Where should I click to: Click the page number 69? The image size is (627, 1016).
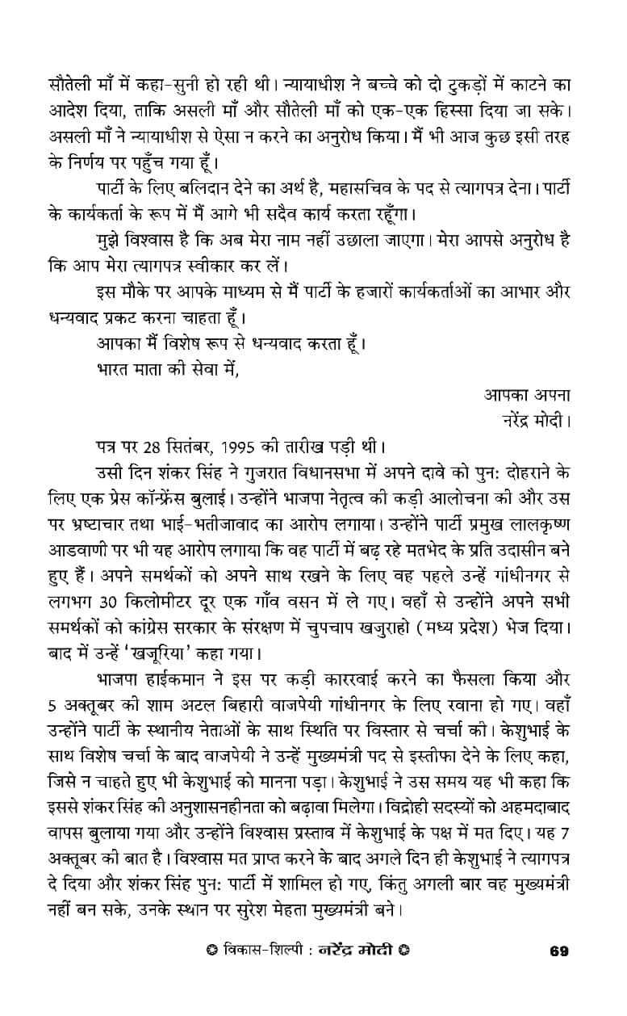(558, 951)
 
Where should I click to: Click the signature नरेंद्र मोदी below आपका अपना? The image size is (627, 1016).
(536, 420)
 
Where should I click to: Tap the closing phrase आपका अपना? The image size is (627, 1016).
(527, 396)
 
